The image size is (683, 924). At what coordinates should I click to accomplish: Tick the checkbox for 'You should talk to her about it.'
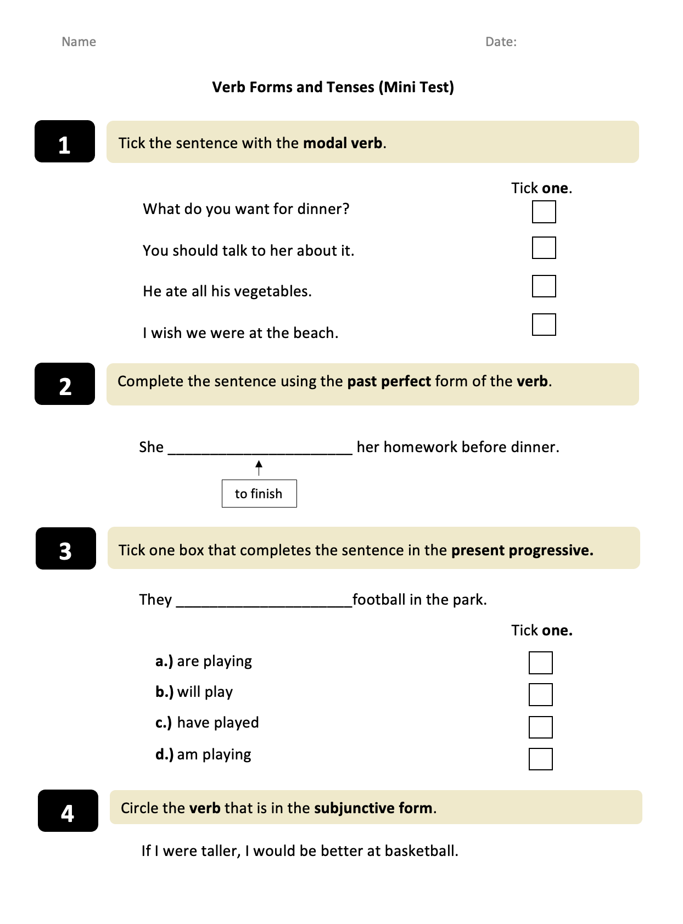(544, 248)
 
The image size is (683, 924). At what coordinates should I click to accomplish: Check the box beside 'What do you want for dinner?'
(544, 212)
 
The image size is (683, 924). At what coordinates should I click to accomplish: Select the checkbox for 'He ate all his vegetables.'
(544, 286)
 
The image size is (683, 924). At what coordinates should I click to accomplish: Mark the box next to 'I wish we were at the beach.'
(544, 325)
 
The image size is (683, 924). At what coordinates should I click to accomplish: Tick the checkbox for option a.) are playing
(540, 663)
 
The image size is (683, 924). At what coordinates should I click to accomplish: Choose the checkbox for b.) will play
(540, 695)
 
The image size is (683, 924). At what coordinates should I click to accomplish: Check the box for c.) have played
(540, 728)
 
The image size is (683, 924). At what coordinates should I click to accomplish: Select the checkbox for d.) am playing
(540, 759)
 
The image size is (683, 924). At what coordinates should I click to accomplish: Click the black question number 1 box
(65, 142)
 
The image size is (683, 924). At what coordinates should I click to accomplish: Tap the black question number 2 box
(65, 384)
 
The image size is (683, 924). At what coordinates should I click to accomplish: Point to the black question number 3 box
(66, 549)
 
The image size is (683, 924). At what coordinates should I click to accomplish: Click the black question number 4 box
(68, 811)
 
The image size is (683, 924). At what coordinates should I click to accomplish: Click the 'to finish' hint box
(259, 494)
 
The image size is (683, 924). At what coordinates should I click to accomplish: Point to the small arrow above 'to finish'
(259, 468)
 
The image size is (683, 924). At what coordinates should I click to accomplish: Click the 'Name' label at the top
(79, 42)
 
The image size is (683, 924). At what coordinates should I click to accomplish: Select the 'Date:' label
(501, 42)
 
